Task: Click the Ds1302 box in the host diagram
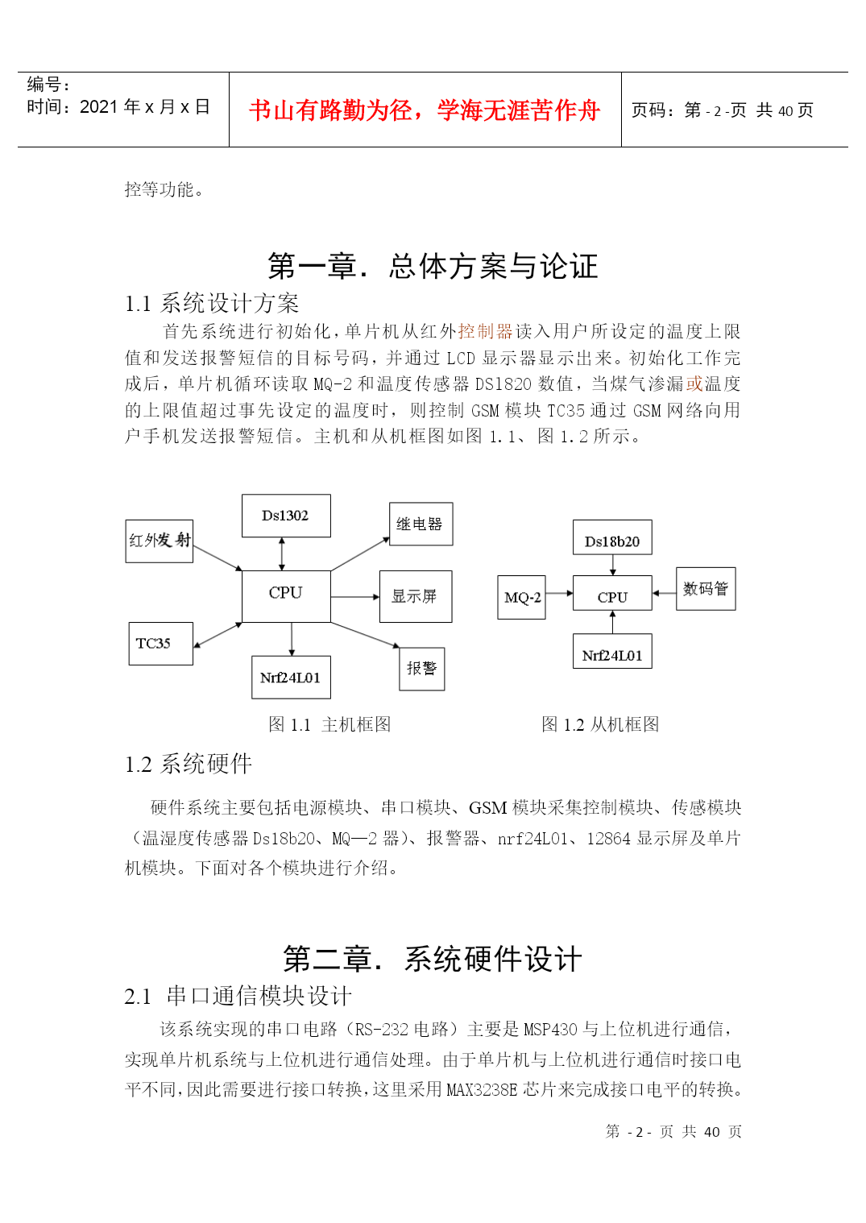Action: click(286, 516)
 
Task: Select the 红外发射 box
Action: click(159, 541)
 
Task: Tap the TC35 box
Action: click(160, 643)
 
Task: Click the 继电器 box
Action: click(421, 524)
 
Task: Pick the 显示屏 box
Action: click(416, 596)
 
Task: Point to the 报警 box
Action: click(421, 669)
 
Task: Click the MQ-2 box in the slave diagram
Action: click(521, 597)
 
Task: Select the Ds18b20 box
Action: click(612, 537)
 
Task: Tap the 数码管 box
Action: click(706, 589)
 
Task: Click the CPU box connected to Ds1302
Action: click(286, 596)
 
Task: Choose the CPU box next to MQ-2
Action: click(612, 593)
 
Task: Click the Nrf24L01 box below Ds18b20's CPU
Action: click(612, 651)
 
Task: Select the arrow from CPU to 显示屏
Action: click(355, 597)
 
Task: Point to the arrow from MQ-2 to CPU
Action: click(559, 593)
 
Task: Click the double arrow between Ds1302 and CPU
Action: click(282, 553)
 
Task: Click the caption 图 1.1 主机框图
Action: click(329, 724)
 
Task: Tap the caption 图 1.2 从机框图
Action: click(600, 724)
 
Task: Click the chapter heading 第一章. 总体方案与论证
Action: click(433, 267)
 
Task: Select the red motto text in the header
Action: click(425, 110)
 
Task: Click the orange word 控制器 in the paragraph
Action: click(486, 331)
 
